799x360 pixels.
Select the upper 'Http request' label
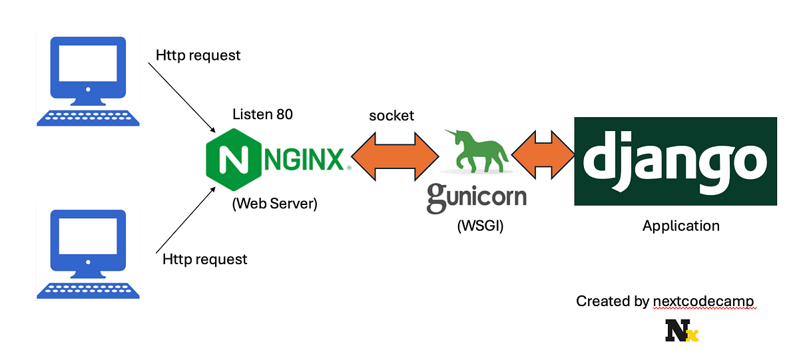pos(198,55)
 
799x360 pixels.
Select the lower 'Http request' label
pos(204,259)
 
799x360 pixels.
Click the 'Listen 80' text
pos(262,114)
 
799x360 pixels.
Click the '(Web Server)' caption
pos(274,204)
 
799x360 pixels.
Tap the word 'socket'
pos(392,116)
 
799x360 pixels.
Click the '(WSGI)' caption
pos(480,226)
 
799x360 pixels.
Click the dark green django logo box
pos(675,162)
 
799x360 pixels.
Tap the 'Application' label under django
pos(680,226)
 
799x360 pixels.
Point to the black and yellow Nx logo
pos(681,331)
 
